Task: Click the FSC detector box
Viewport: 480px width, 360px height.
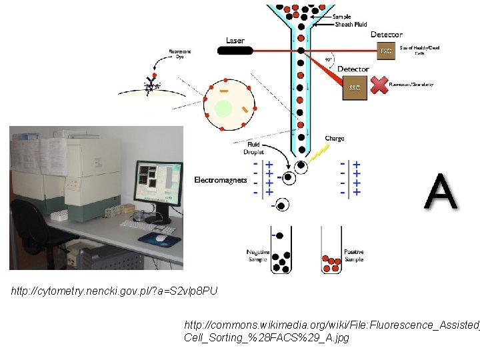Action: (x=386, y=50)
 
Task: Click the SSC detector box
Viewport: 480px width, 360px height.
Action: (x=355, y=87)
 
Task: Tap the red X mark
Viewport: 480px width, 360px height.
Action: (x=379, y=85)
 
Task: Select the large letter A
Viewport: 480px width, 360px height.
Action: (x=441, y=192)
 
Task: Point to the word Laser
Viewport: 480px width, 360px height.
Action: (x=235, y=40)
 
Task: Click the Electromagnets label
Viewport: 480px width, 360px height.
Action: (x=221, y=180)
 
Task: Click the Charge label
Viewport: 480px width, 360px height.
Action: (x=334, y=139)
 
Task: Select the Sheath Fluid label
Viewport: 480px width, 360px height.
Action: (x=351, y=25)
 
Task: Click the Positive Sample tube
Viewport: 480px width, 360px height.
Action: (x=331, y=250)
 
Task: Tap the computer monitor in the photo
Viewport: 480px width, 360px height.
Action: (x=157, y=183)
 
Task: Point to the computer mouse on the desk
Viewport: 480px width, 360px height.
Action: (x=161, y=237)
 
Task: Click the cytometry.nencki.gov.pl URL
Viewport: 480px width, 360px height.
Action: (x=114, y=291)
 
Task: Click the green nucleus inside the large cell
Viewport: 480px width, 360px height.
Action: (x=223, y=108)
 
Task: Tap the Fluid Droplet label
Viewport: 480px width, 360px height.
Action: (x=254, y=148)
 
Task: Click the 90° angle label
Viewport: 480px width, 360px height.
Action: (x=328, y=59)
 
